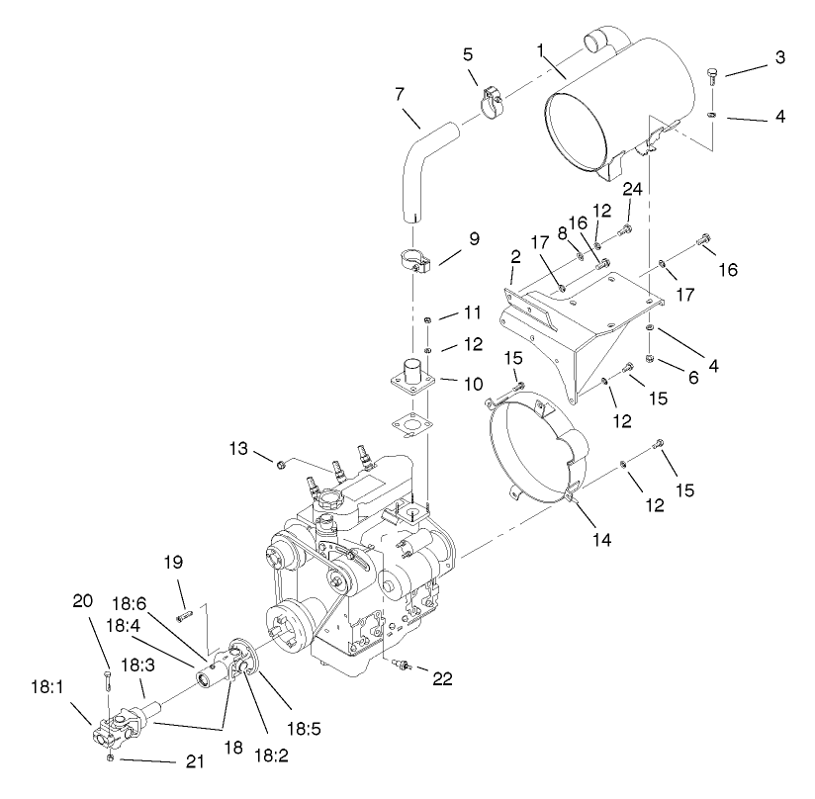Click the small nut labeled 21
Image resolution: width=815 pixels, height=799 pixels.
coord(111,758)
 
